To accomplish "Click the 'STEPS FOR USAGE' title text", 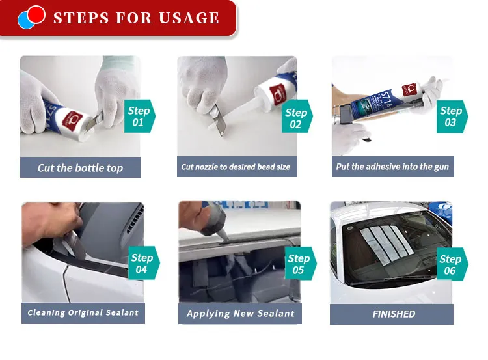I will pos(136,18).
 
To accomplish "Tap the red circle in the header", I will pos(36,14).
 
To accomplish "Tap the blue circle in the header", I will pos(25,21).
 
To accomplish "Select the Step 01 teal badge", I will pos(139,117).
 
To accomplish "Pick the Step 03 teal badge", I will pos(451,117).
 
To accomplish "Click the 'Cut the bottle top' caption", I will pos(80,167).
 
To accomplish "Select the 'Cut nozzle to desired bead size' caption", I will pos(236,167).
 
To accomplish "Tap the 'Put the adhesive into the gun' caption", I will pos(392,167).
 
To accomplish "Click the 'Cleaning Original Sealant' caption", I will pos(83,313).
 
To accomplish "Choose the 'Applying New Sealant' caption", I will pos(240,314).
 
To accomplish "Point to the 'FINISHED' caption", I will pos(394,314).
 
